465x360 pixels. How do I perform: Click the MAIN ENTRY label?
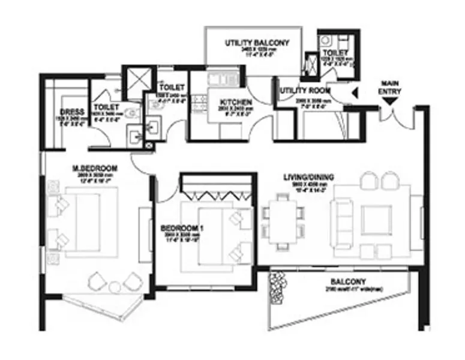pos(390,87)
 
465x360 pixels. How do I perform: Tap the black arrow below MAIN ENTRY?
pos(390,102)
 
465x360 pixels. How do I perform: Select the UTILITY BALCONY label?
pos(257,43)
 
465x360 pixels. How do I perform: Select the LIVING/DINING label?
pos(309,178)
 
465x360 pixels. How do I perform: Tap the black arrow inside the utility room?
pos(354,93)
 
